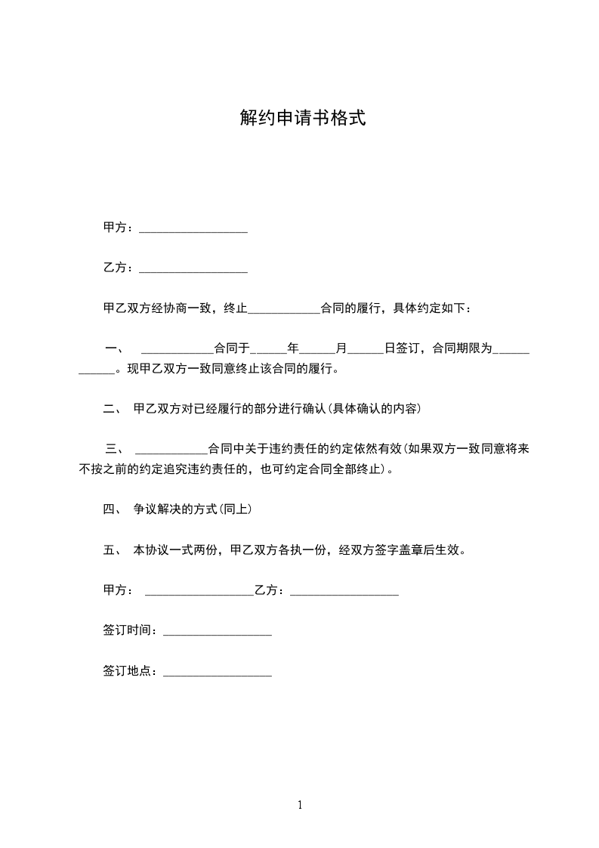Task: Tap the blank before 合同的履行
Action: click(284, 311)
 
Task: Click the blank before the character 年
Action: click(268, 351)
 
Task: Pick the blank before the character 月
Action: click(317, 351)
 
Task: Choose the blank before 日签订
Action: click(366, 351)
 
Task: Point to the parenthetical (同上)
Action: click(235, 509)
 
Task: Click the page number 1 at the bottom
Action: click(300, 805)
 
